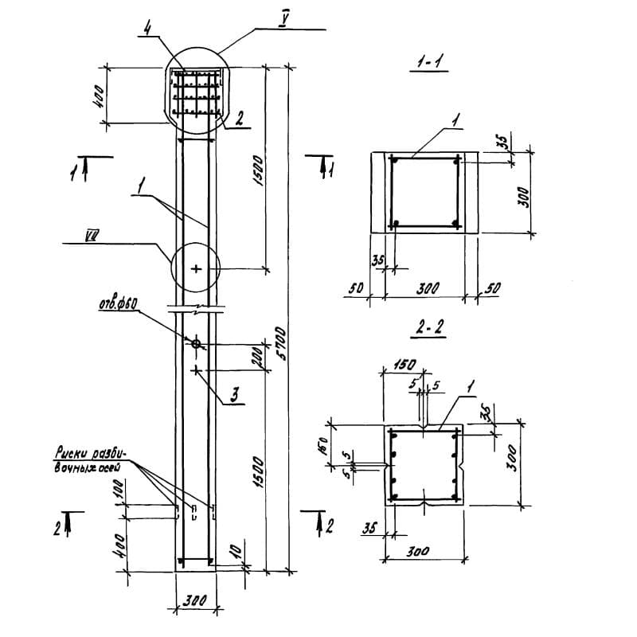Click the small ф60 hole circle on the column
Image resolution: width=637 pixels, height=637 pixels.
pos(195,344)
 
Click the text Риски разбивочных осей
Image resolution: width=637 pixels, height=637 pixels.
pos(85,459)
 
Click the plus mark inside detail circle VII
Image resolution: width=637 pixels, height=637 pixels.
pos(195,269)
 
